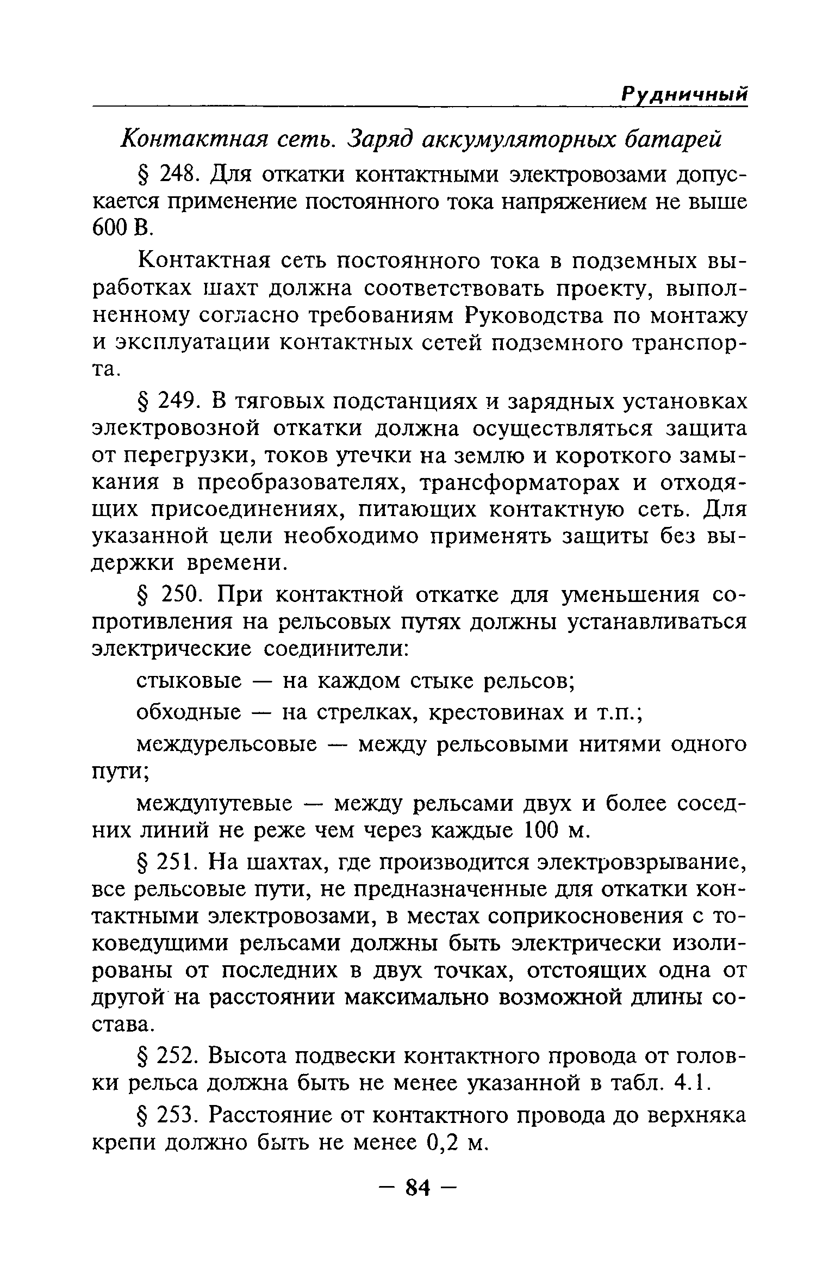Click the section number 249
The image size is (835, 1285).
pos(177,401)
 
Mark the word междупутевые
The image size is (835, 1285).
pos(215,804)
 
